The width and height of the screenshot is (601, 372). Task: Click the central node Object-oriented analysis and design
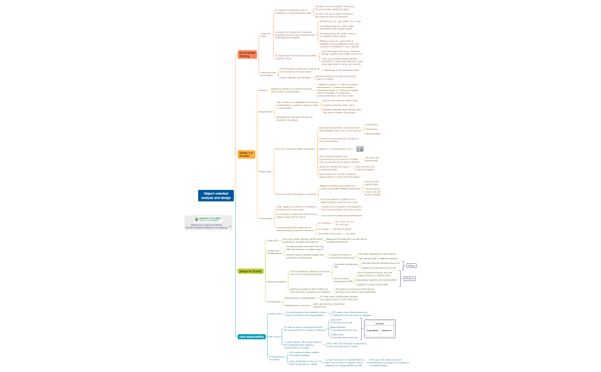pos(216,196)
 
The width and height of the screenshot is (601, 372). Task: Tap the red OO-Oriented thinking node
pos(247,54)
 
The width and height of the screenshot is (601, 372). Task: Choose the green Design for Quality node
pos(251,271)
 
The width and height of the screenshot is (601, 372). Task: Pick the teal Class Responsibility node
pos(251,337)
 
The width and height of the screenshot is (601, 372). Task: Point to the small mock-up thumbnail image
pos(360,149)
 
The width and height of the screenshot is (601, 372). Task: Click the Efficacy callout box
pos(411,266)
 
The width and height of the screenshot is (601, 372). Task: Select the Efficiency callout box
pos(409,278)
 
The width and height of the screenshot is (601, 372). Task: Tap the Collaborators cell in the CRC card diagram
pos(386,330)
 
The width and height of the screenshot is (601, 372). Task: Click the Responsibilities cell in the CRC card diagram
pos(373,330)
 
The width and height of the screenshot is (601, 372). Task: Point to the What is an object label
pos(265,35)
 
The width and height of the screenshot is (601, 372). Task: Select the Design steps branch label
pos(265,171)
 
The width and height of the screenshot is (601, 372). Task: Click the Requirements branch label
pos(266,112)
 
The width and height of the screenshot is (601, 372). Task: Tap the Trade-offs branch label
pos(272,240)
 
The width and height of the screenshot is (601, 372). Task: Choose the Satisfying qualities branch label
pos(276,282)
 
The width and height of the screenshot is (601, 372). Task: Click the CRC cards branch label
pos(274,337)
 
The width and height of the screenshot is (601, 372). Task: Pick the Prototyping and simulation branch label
pos(277,358)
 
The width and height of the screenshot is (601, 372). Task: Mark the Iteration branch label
pos(262,90)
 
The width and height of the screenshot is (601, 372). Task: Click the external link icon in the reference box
pos(230,227)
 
